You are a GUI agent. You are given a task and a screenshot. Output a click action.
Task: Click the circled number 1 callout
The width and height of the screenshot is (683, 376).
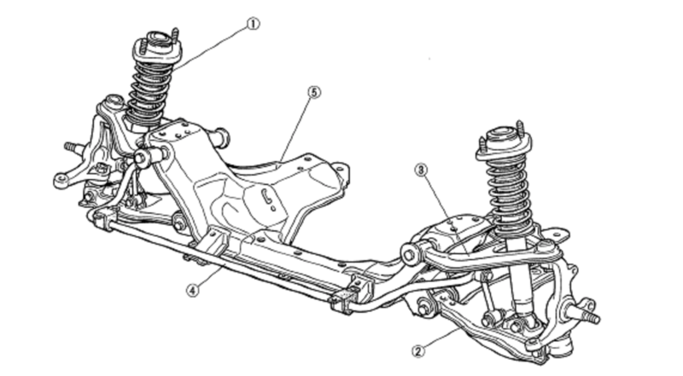click(253, 25)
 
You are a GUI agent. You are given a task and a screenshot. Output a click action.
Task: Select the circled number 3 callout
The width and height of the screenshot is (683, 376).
click(420, 170)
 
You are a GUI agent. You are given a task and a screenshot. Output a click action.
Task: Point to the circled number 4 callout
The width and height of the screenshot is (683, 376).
click(195, 289)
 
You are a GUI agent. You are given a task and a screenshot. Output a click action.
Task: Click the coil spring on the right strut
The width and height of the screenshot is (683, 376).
click(510, 196)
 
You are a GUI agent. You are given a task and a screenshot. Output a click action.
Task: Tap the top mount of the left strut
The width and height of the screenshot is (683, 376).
click(156, 47)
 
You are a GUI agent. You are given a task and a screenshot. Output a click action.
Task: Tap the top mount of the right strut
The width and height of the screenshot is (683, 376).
click(504, 141)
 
